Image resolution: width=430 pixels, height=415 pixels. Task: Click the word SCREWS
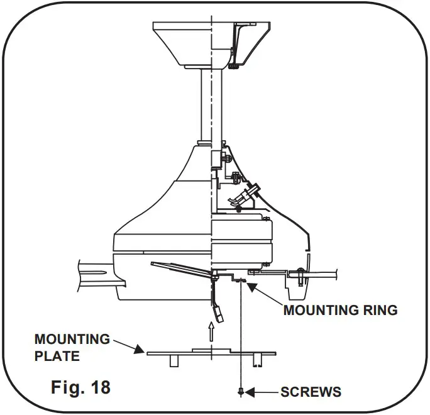310,392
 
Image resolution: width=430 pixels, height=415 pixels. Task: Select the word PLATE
57,356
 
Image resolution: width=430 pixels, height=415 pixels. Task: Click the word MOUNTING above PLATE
72,340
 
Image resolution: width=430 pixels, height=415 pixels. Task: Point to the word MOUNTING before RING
319,310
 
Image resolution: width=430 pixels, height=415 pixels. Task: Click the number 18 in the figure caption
97,385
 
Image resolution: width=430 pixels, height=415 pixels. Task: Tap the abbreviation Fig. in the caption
65,385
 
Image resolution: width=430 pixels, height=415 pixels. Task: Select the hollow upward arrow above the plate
212,331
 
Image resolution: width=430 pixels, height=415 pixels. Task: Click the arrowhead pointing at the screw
250,392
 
